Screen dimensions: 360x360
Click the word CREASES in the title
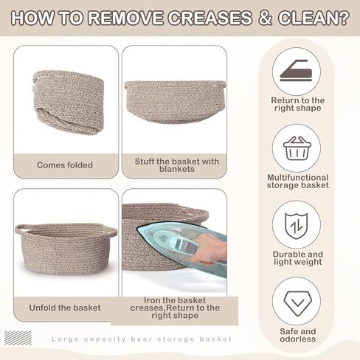pyautogui.click(x=210, y=18)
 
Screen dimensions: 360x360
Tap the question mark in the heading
pyautogui.click(x=344, y=18)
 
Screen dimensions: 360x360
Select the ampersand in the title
pyautogui.click(x=266, y=18)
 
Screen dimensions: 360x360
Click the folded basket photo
pyautogui.click(x=68, y=102)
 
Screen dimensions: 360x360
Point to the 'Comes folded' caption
pyautogui.click(x=65, y=165)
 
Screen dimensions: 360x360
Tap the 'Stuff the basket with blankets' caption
pyautogui.click(x=177, y=165)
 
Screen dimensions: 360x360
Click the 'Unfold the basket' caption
pyautogui.click(x=65, y=308)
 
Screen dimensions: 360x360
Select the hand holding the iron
pyautogui.click(x=209, y=249)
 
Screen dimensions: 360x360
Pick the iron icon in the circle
pyautogui.click(x=296, y=71)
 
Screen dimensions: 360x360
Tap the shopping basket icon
pyautogui.click(x=297, y=148)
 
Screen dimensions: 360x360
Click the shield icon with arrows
pyautogui.click(x=297, y=226)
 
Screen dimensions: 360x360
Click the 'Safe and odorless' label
pyautogui.click(x=297, y=335)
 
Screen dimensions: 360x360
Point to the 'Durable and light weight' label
pyautogui.click(x=297, y=258)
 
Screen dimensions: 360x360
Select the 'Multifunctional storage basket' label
pyautogui.click(x=297, y=181)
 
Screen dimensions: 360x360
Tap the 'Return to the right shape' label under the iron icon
pyautogui.click(x=297, y=104)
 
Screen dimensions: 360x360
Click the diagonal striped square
pyautogui.click(x=18, y=338)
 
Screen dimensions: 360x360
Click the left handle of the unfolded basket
pyautogui.click(x=21, y=229)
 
